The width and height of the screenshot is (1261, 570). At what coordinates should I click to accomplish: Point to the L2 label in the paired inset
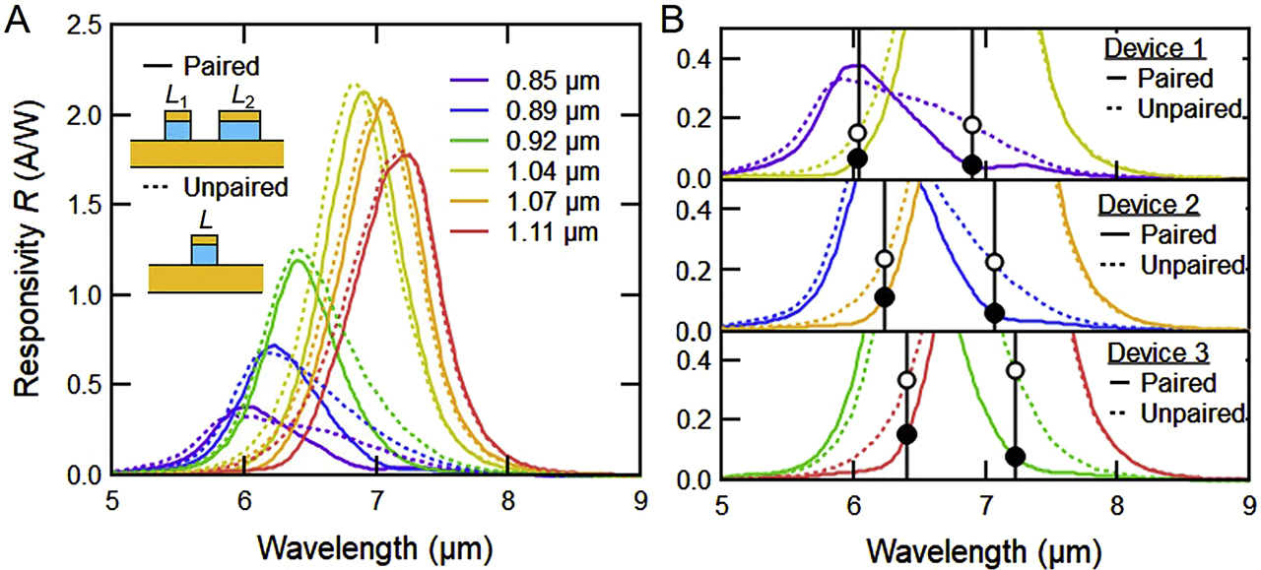(x=243, y=96)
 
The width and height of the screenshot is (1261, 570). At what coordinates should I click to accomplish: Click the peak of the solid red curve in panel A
(x=407, y=154)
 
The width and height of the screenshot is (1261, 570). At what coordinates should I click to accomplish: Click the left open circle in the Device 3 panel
(x=906, y=380)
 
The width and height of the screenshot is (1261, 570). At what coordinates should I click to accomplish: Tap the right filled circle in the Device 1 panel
(x=972, y=164)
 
